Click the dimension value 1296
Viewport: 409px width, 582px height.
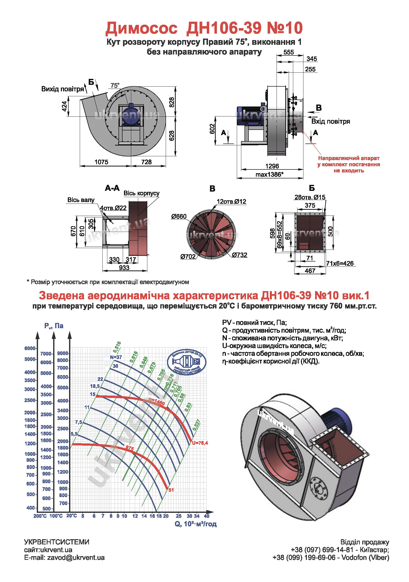pyautogui.click(x=272, y=166)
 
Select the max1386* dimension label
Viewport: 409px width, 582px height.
pyautogui.click(x=269, y=175)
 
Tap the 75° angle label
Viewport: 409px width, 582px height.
pyautogui.click(x=115, y=86)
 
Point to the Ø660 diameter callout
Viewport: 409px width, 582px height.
pyautogui.click(x=179, y=216)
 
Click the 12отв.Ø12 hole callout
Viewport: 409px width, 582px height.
pyautogui.click(x=231, y=202)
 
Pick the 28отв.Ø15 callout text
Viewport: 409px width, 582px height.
pyautogui.click(x=310, y=197)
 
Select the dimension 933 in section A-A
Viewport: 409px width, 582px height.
pyautogui.click(x=124, y=268)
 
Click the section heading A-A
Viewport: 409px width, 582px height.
pyautogui.click(x=112, y=188)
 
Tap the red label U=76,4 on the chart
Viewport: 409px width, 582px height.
pyautogui.click(x=200, y=443)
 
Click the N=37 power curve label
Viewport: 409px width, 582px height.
pyautogui.click(x=116, y=357)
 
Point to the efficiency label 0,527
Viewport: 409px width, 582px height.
pyautogui.click(x=196, y=425)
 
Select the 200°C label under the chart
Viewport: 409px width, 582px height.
pyautogui.click(x=40, y=516)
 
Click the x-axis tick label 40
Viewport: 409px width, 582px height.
pyautogui.click(x=206, y=516)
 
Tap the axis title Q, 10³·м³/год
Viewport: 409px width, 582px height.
pyautogui.click(x=196, y=524)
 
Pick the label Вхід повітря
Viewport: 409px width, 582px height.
pyautogui.click(x=330, y=121)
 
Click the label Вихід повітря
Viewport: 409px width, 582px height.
pyautogui.click(x=63, y=89)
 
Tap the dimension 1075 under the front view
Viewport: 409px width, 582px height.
pyautogui.click(x=101, y=162)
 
